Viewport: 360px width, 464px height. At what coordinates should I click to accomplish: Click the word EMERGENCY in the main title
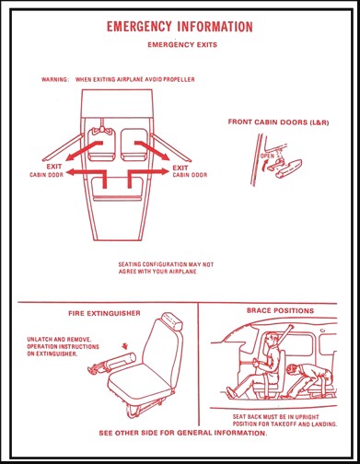[139, 27]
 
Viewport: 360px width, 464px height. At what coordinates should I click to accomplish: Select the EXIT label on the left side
[54, 167]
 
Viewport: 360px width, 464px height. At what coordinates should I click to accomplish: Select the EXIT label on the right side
[180, 168]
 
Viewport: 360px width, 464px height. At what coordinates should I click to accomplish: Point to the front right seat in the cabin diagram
[134, 145]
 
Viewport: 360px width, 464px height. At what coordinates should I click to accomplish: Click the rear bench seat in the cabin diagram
[117, 189]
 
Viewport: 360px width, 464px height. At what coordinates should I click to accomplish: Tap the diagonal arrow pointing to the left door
[84, 151]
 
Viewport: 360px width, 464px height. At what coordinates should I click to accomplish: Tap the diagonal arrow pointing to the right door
[152, 151]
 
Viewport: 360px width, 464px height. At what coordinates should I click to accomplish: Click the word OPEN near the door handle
[267, 156]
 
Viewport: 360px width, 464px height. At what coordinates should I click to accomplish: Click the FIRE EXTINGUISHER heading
[104, 313]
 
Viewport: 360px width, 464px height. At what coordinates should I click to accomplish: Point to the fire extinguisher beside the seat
[112, 363]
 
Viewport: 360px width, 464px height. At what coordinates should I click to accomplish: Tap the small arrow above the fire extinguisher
[124, 346]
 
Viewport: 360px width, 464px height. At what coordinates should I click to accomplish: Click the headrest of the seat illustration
[172, 321]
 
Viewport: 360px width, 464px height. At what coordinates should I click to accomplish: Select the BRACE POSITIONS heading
[280, 310]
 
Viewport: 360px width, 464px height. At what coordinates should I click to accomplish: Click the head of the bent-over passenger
[293, 369]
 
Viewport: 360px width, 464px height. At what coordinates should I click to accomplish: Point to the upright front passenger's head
[272, 340]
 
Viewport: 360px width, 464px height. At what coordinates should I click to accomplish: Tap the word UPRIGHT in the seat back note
[307, 417]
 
